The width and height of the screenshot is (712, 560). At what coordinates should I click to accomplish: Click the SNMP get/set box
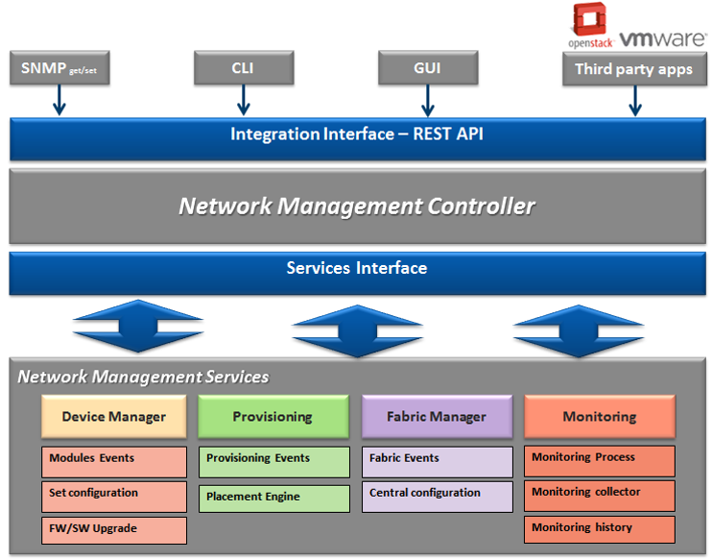[59, 69]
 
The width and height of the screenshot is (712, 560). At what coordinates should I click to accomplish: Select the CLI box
[243, 69]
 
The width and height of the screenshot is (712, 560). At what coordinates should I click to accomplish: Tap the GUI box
[428, 69]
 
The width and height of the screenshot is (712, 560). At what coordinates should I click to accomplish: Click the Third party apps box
[633, 69]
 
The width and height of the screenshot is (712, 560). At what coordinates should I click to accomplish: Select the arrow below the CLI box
[243, 100]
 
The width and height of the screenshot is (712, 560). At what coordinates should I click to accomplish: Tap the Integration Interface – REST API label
[356, 134]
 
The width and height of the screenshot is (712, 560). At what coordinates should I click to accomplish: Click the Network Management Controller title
[356, 206]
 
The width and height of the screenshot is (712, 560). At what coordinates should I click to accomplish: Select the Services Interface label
[356, 268]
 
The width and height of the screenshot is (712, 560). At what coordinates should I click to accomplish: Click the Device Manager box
[114, 417]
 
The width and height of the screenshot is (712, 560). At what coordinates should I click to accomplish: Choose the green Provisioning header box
[273, 417]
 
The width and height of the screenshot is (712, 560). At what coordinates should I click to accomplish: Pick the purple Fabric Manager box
[437, 417]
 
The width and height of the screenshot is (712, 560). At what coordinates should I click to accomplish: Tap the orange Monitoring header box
[599, 417]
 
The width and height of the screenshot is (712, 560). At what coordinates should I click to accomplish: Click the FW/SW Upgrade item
[114, 528]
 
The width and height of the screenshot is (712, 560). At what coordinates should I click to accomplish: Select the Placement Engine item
[273, 498]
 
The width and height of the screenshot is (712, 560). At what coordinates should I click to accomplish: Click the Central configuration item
[437, 494]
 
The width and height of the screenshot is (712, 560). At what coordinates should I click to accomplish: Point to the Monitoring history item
[599, 528]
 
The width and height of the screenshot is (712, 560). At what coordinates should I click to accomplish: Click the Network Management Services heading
[143, 377]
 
